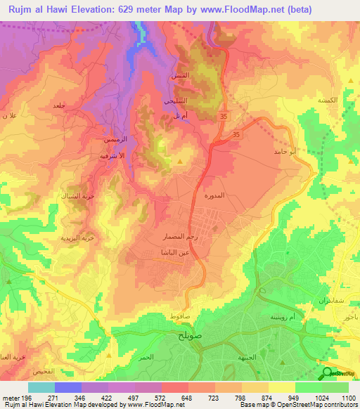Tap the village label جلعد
58,105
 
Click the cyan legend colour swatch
41,387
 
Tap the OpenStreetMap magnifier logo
326,373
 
